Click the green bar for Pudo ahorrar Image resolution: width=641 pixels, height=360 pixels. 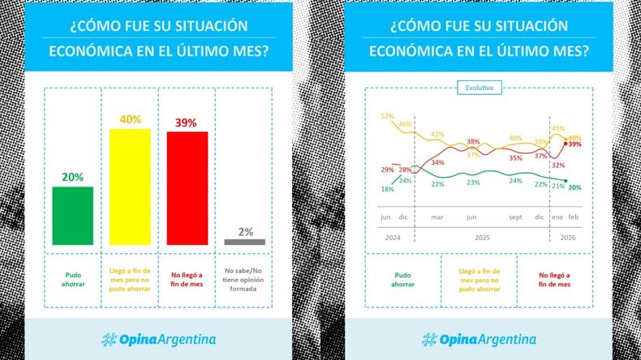pos(72,215)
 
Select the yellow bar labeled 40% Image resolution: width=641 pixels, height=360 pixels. pos(130,186)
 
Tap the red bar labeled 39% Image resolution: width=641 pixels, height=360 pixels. pos(187,187)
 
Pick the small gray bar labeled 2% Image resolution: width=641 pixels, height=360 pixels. pos(244,242)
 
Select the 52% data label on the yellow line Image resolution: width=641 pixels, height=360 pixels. pos(387,117)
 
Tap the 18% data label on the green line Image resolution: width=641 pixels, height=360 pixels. pos(387,189)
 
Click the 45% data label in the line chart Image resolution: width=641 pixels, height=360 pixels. pos(558,129)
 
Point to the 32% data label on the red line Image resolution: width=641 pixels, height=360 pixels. pos(557,165)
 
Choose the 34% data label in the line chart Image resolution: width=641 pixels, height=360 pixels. pos(437,163)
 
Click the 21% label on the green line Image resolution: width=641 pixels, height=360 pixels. pos(557,186)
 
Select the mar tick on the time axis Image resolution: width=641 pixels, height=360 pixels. pos(437,217)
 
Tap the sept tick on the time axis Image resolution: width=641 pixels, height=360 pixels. pos(515,217)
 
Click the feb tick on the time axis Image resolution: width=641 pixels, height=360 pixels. pos(574,217)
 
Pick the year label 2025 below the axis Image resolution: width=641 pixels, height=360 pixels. pos(483,238)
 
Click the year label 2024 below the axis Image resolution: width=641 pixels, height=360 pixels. pos(394,238)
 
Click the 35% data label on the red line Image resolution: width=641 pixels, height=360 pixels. pos(515,158)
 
